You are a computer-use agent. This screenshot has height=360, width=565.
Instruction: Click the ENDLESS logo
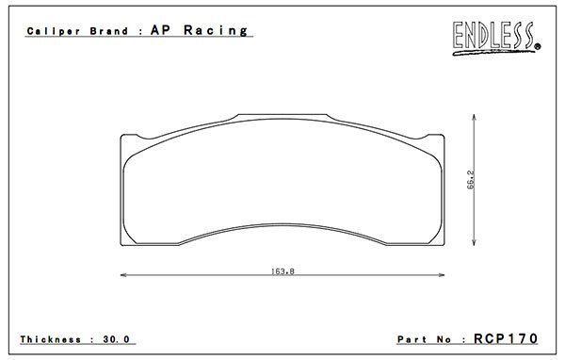pyautogui.click(x=496, y=38)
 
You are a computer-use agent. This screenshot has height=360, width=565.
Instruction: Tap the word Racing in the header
pyautogui.click(x=216, y=31)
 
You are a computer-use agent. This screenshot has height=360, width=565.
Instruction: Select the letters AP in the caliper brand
pyautogui.click(x=160, y=30)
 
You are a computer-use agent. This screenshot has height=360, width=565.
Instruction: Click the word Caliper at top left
pyautogui.click(x=54, y=31)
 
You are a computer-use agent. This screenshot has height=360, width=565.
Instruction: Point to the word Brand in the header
pyautogui.click(x=109, y=31)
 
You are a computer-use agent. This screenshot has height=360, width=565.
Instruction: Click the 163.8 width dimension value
pyautogui.click(x=282, y=270)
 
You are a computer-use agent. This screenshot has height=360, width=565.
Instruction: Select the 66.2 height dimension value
pyautogui.click(x=471, y=180)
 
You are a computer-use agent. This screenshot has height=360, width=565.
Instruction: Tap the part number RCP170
pyautogui.click(x=506, y=338)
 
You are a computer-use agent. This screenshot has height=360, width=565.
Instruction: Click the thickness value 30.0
pyautogui.click(x=116, y=339)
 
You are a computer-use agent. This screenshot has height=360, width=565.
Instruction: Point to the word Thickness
pyautogui.click(x=51, y=339)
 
